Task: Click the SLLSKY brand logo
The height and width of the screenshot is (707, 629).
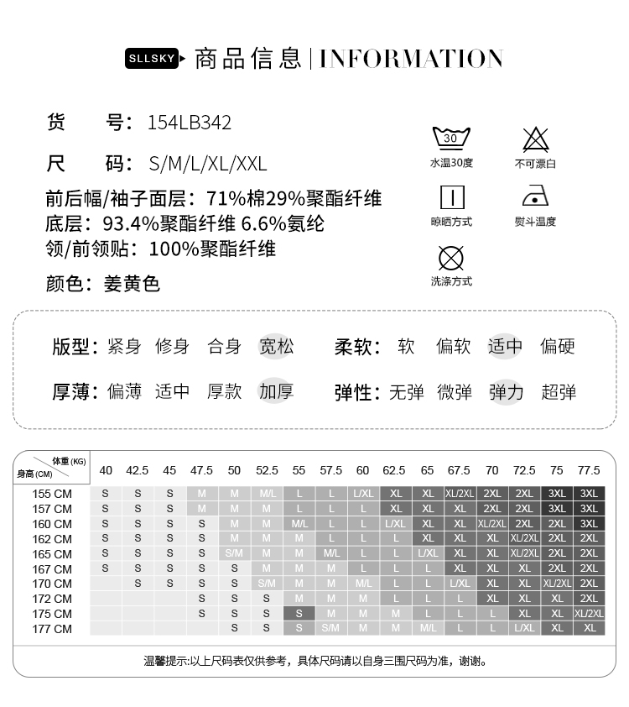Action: (x=152, y=59)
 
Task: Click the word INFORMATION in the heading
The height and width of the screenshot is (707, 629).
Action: (x=411, y=59)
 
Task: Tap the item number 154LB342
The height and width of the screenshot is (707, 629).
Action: (x=189, y=123)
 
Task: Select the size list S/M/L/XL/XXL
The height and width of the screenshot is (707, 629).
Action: (x=207, y=163)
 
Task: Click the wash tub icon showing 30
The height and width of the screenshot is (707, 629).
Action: (x=450, y=138)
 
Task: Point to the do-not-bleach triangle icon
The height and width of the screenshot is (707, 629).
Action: (x=535, y=139)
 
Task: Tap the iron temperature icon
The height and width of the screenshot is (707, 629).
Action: (x=535, y=197)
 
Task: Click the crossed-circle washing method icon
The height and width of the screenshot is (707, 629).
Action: (x=451, y=257)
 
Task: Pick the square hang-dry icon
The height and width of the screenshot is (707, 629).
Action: (x=451, y=197)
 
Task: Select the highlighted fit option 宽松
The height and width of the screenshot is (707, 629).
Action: (x=276, y=346)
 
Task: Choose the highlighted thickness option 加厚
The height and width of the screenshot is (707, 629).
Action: (x=276, y=391)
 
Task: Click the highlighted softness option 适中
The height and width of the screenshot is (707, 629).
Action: (x=505, y=346)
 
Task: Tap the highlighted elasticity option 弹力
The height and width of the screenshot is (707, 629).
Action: (x=507, y=391)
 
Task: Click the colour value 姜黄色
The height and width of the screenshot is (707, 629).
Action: (x=132, y=284)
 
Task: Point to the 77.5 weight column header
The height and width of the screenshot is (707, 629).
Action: (x=589, y=470)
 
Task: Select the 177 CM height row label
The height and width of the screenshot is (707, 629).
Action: (x=52, y=629)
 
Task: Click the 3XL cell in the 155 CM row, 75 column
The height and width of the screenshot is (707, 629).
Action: (x=557, y=494)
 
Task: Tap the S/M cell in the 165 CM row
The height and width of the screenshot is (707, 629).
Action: (x=234, y=554)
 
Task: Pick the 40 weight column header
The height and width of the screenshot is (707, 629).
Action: (x=106, y=470)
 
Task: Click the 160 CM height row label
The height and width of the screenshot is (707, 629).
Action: (x=52, y=524)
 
